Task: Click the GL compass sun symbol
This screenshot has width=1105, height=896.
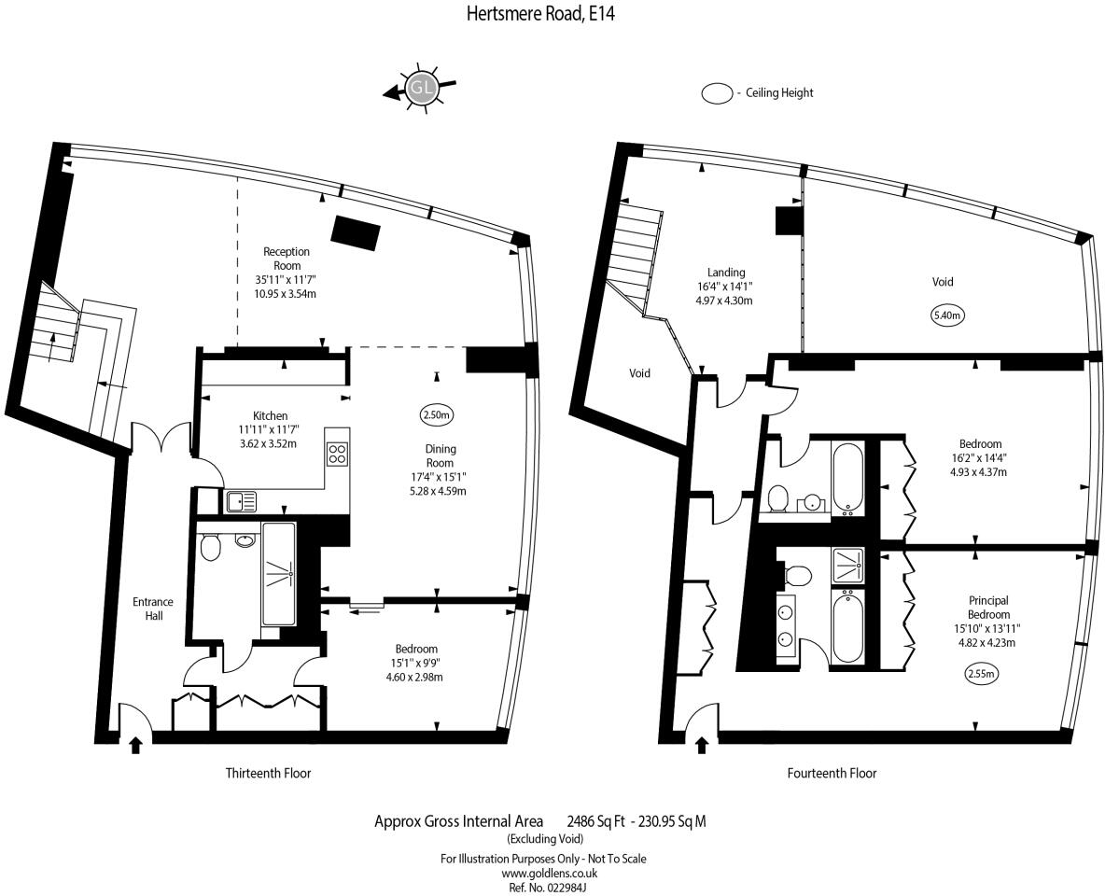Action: pyautogui.click(x=422, y=90)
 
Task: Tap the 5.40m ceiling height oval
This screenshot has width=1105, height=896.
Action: pyautogui.click(x=947, y=315)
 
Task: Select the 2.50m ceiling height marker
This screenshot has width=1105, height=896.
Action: pyautogui.click(x=437, y=414)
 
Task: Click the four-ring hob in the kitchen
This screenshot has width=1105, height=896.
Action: pyautogui.click(x=337, y=455)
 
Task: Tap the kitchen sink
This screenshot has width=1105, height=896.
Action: pyautogui.click(x=243, y=502)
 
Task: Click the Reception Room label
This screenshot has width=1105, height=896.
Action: pyautogui.click(x=287, y=259)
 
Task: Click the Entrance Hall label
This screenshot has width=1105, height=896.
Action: pyautogui.click(x=147, y=609)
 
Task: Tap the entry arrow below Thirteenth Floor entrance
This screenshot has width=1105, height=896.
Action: pyautogui.click(x=135, y=745)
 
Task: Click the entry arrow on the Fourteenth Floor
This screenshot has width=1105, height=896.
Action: pyautogui.click(x=702, y=745)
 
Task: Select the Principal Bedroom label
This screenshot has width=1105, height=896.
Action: pyautogui.click(x=988, y=608)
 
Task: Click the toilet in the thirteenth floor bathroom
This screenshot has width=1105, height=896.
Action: pyautogui.click(x=210, y=546)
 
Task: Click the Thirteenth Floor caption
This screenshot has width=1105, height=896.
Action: pyautogui.click(x=268, y=773)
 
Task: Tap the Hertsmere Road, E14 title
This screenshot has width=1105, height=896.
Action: pyautogui.click(x=540, y=14)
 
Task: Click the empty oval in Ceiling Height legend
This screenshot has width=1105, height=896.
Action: pyautogui.click(x=718, y=93)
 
